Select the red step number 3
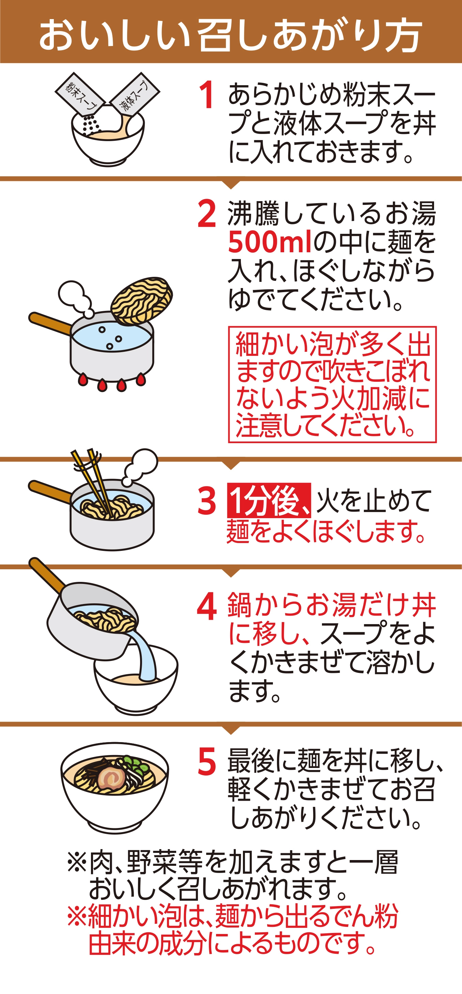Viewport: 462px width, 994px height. (207, 500)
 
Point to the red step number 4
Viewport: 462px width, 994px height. (207, 606)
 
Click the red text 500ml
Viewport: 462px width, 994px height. (269, 242)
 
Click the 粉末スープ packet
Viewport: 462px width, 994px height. (79, 93)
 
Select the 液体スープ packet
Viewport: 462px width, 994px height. (135, 94)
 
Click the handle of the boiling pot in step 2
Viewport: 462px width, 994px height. (50, 322)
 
